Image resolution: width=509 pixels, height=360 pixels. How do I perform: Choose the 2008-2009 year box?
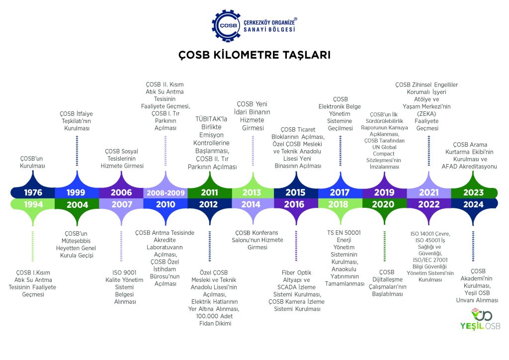[x=165, y=192]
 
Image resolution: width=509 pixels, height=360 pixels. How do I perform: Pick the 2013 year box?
[x=253, y=192]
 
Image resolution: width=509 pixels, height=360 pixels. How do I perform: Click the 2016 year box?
[x=297, y=204]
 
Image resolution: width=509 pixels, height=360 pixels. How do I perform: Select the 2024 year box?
[x=473, y=204]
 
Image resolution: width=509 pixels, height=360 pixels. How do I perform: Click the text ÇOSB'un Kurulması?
[x=32, y=162]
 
